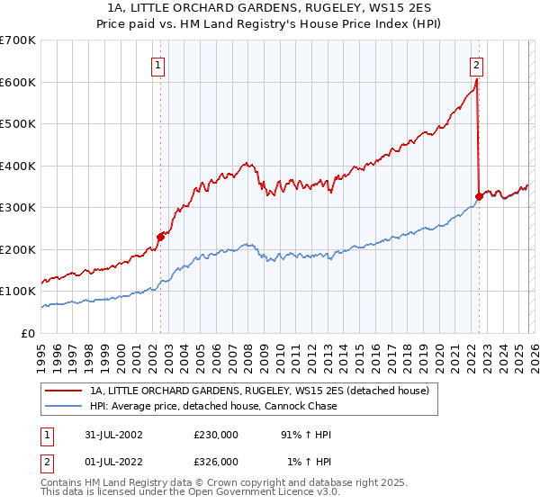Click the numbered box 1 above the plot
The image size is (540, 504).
[158, 65]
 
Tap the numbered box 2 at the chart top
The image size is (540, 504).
[475, 65]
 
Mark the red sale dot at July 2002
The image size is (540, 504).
[161, 237]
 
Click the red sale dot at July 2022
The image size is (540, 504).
[479, 196]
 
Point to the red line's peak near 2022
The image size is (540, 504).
[476, 79]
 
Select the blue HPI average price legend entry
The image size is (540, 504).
[213, 406]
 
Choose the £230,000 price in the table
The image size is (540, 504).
[216, 435]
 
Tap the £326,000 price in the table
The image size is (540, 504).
[216, 461]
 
